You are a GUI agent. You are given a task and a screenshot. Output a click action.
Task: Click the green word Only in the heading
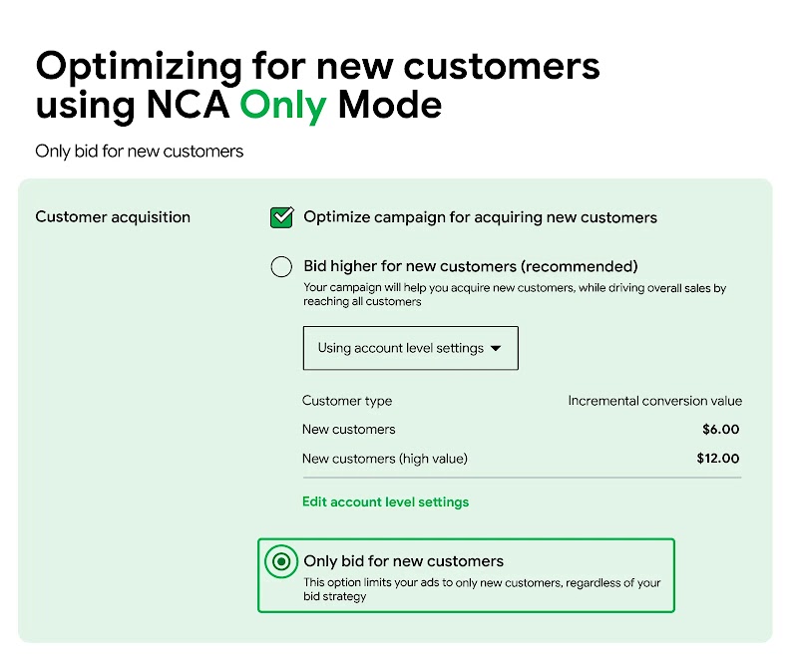tap(282, 105)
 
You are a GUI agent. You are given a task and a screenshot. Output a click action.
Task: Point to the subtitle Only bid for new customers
tap(140, 152)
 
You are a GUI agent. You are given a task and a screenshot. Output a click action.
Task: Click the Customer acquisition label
tap(113, 216)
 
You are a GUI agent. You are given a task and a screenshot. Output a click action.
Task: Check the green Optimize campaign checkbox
tap(282, 217)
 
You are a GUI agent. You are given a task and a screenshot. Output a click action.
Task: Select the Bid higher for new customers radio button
tap(282, 266)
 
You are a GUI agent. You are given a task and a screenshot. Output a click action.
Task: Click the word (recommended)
tap(580, 266)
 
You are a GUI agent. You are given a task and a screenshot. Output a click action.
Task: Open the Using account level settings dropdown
tap(410, 348)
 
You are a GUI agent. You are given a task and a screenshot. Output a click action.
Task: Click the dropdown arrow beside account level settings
tap(497, 349)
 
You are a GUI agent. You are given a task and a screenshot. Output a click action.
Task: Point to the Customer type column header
tap(347, 401)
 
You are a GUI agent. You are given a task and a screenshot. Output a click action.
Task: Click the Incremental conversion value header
tap(654, 401)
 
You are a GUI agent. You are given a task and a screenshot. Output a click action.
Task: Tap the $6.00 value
tap(720, 430)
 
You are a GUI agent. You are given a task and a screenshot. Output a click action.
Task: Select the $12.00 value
tap(718, 459)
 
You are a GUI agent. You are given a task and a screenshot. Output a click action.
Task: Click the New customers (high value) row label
tap(384, 459)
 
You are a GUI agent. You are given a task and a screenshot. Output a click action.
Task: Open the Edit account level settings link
tap(385, 501)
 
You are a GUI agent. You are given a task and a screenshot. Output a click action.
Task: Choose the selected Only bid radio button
tap(282, 561)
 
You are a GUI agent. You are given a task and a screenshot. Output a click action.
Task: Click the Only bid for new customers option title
tap(403, 561)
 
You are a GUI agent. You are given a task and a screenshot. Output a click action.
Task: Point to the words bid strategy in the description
tap(334, 596)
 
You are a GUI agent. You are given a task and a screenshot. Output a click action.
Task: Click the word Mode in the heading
tap(390, 105)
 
